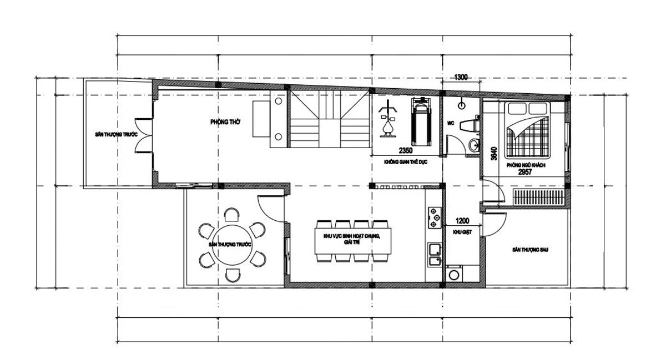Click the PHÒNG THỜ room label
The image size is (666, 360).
225,121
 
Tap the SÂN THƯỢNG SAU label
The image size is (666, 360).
531,250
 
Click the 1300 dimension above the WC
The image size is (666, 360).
461,78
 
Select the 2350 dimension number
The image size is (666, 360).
406,150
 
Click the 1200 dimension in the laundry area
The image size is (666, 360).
463,220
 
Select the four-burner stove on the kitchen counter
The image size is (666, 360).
434,218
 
